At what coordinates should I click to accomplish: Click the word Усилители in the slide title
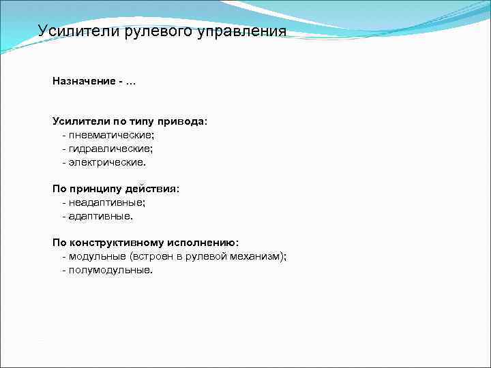[x=78, y=31]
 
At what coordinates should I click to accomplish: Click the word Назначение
[x=83, y=81]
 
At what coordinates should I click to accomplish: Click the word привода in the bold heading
[x=184, y=121]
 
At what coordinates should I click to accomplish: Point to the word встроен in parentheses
[x=155, y=256]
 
